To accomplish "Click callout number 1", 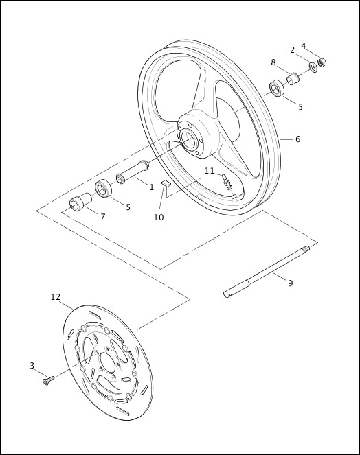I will click(x=152, y=187).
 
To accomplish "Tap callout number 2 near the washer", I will click(x=292, y=49).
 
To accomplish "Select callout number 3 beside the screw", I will click(x=32, y=366).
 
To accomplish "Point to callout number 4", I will click(x=304, y=46).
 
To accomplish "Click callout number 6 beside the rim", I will click(x=297, y=139).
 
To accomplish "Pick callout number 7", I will click(x=102, y=217).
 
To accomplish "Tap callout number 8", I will click(x=273, y=62).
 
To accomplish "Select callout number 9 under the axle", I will click(x=290, y=283).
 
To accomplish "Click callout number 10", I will click(x=159, y=218).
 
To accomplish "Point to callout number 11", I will click(x=210, y=170).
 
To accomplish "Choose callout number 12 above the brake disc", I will click(x=56, y=297).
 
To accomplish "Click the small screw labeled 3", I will click(x=48, y=380).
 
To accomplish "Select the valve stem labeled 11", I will click(x=227, y=182).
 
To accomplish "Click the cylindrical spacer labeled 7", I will click(x=80, y=205).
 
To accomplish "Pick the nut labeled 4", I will click(x=322, y=62).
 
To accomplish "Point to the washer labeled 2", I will click(x=313, y=67).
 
